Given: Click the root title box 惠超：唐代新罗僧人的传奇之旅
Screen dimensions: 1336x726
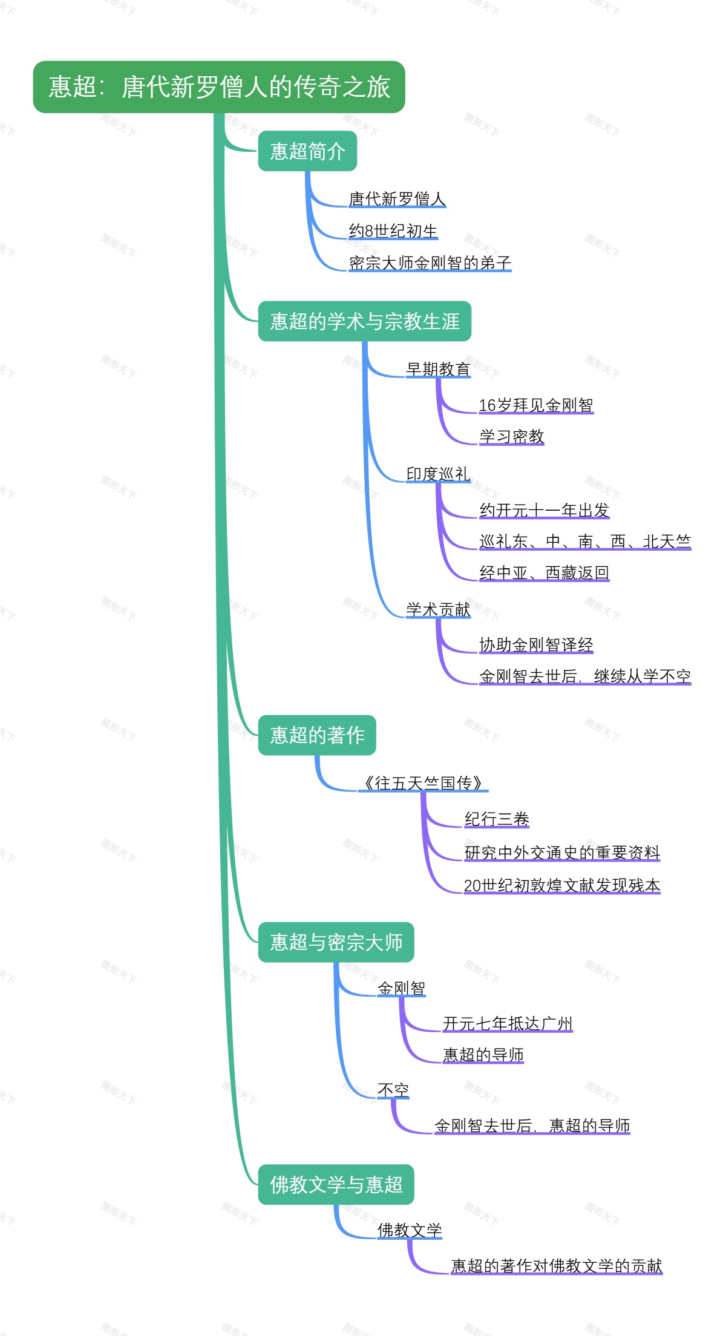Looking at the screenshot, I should point(219,87).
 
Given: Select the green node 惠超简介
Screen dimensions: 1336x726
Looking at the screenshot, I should point(307,151).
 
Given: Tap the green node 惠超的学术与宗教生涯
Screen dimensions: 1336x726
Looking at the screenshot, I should point(364,321).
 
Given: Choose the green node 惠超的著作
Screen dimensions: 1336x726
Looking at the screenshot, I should point(317,735).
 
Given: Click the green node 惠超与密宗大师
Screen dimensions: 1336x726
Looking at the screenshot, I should point(336,942).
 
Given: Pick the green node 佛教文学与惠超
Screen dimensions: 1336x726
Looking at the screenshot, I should point(336,1184).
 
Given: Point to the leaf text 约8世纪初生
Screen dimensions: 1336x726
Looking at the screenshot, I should point(393,231).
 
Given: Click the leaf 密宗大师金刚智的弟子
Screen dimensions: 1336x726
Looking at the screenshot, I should point(430,263).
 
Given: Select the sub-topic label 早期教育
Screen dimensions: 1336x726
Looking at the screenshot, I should point(438,369).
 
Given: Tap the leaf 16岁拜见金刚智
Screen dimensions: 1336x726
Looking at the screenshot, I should point(536,405).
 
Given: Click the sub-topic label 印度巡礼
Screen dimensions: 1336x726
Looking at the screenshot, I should point(438,474).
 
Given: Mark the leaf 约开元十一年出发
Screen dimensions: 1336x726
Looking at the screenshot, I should point(544,510).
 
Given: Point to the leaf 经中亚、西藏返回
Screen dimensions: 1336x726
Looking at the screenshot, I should point(544,572).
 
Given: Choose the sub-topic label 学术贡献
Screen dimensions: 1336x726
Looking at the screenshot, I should point(438,609).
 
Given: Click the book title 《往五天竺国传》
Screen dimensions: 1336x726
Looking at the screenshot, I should point(423,783).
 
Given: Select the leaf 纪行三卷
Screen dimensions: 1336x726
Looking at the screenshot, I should point(497,819).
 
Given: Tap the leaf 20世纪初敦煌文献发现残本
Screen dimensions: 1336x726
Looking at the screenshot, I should point(562,885).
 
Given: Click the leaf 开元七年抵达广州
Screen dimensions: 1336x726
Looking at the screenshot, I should point(508,1023).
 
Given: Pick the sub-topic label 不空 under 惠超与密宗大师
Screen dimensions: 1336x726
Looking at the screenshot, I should point(393,1090).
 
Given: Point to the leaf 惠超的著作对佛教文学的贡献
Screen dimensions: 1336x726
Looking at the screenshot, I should point(557,1266).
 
